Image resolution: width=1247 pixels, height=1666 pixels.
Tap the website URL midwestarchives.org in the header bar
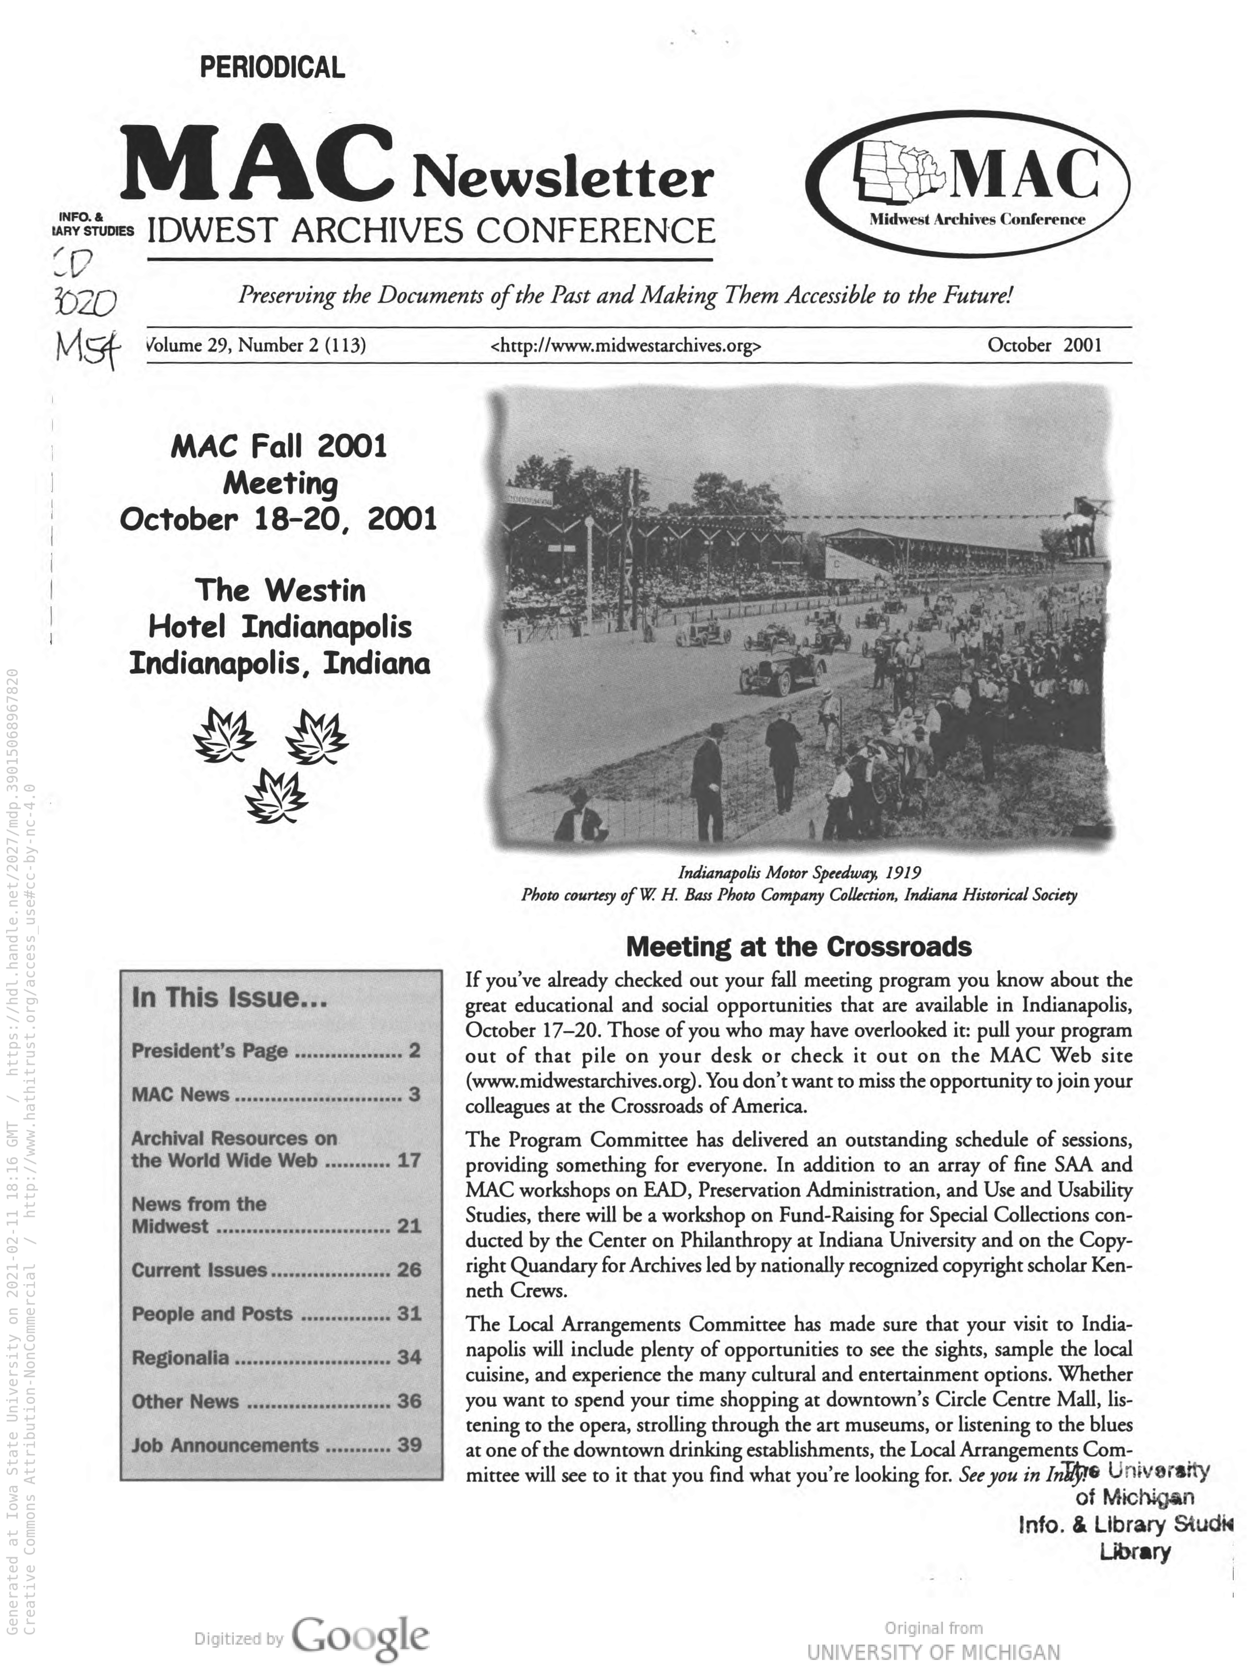pos(625,346)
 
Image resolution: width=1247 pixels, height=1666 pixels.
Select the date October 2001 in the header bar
pos(1044,345)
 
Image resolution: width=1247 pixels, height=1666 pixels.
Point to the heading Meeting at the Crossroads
pos(799,947)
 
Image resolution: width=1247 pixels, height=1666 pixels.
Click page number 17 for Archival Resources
pos(409,1160)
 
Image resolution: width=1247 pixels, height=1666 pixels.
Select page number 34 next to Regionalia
pos(409,1357)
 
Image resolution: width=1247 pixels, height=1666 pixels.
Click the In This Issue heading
pos(229,998)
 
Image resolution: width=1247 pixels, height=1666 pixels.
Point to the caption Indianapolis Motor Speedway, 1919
pos(799,872)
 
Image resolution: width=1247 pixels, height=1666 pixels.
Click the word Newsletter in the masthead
pos(562,179)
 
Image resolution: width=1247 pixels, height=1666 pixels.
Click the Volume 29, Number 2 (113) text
pos(256,346)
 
